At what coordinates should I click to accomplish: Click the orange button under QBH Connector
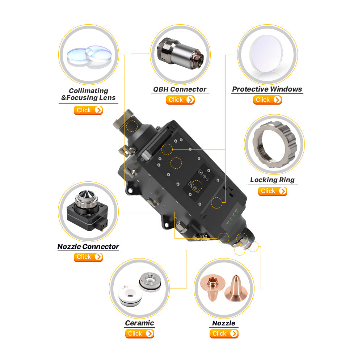coord(180,100)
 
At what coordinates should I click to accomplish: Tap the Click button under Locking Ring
coord(273,191)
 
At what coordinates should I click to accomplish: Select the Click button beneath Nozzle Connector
coord(88,257)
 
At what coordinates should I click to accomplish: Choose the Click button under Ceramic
coord(139,334)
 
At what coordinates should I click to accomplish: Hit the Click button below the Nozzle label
coord(224,334)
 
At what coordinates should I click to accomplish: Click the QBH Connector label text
coord(180,89)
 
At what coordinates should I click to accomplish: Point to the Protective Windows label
coord(267,89)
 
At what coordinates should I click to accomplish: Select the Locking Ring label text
coord(273,180)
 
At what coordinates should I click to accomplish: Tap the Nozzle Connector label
coord(88,247)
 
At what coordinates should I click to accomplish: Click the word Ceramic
coord(139,323)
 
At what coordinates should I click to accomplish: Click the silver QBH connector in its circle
coord(180,54)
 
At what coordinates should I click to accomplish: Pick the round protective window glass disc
coord(266,54)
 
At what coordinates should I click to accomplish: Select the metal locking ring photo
coord(274,144)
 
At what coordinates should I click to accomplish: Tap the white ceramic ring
coord(130,295)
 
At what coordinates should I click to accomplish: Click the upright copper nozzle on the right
coord(236,289)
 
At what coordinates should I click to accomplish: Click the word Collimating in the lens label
coord(88,91)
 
